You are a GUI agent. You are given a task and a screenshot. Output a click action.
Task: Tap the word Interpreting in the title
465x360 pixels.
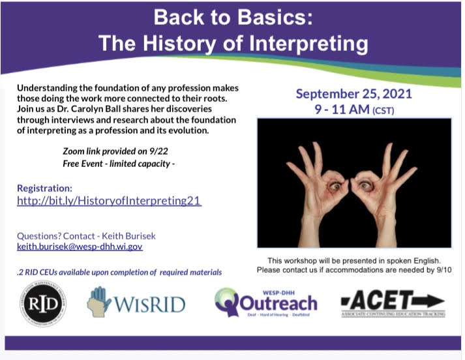pos(302,44)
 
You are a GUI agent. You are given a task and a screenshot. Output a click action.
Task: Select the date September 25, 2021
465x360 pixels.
pos(353,93)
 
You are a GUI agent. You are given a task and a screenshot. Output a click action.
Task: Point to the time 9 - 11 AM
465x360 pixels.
pos(341,110)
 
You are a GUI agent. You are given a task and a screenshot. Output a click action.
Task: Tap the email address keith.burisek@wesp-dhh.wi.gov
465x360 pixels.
pos(80,247)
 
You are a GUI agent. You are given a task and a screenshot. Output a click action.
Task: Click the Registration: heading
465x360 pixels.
pos(45,188)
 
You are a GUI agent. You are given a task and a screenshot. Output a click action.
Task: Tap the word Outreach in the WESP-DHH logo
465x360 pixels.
pos(278,303)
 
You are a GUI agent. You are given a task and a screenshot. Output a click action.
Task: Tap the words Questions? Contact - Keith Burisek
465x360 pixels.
pos(87,236)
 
